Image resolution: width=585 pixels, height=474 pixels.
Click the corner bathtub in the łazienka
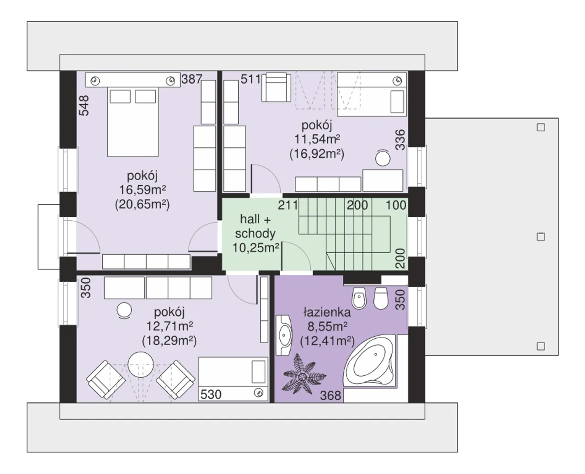point(370,361)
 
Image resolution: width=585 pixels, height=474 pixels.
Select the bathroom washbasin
point(284,335)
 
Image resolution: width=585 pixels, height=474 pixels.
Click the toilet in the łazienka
point(381,298)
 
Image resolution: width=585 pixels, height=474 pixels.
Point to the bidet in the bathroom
point(359,298)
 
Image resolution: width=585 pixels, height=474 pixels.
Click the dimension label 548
point(84,106)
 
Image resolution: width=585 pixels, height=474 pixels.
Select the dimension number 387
point(191,79)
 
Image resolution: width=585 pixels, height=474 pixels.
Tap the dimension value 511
point(250,79)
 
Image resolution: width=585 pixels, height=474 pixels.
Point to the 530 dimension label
point(211,394)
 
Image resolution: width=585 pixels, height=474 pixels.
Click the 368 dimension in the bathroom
point(330,396)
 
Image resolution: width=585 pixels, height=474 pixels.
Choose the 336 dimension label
point(400,140)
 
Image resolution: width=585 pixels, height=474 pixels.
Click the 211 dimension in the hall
point(288,205)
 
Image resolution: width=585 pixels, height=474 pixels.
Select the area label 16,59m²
point(143,190)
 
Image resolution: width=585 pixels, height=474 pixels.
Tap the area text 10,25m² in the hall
point(255,248)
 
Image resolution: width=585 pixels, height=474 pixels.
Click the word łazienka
point(327,312)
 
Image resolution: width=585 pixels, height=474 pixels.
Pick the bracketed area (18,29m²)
point(170,341)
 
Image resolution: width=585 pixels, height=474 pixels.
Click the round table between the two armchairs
point(141,365)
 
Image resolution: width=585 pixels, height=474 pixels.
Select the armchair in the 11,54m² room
point(276,87)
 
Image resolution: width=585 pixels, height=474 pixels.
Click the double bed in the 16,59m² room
point(133,122)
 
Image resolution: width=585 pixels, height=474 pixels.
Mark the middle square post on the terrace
point(541,237)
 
